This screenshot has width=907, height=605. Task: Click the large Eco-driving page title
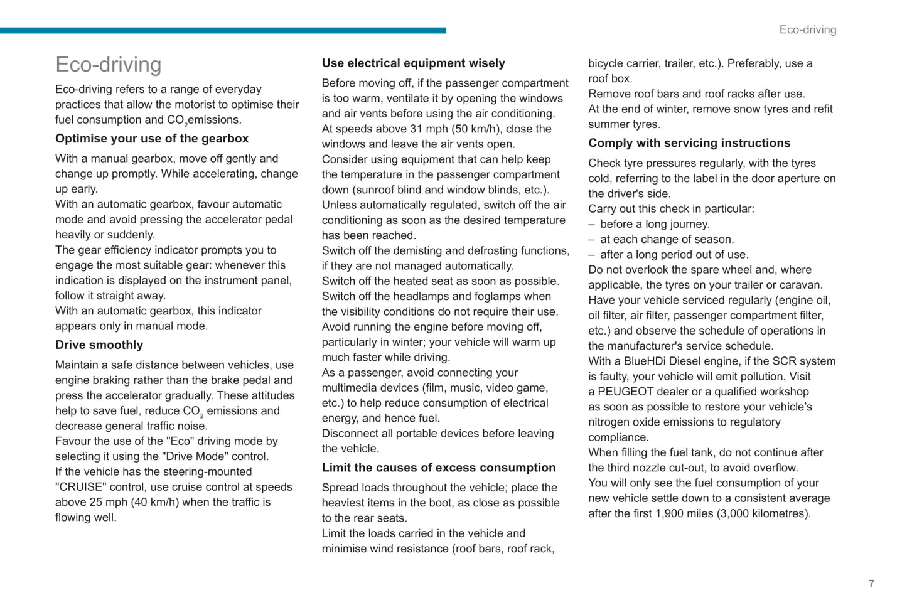108,65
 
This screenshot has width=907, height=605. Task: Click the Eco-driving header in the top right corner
807,29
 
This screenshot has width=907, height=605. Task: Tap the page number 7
871,584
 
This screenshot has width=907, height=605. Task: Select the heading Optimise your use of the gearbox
151,139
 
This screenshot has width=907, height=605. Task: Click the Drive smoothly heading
99,345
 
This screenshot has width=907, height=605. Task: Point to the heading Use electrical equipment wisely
413,63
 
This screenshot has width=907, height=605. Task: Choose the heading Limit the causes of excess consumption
438,468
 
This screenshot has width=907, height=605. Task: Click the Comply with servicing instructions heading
689,143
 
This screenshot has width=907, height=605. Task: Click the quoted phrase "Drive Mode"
195,457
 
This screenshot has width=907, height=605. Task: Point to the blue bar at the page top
223,30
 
